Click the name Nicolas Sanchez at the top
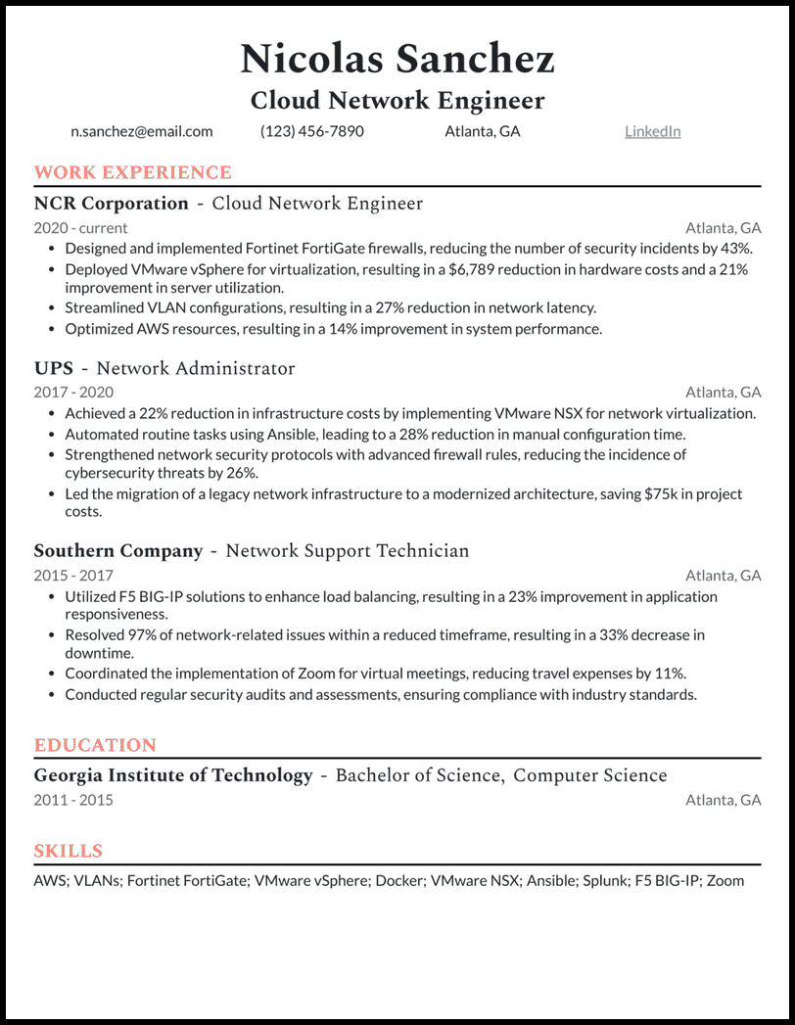pos(397,59)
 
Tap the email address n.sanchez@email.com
pos(141,131)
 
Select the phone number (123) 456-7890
pos(311,131)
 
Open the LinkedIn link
pos(652,131)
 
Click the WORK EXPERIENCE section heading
pos(133,173)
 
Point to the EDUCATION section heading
pos(95,745)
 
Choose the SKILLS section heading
pos(69,851)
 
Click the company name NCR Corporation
pos(111,204)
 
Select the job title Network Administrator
pos(196,369)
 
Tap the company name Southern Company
pos(118,551)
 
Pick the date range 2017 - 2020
pos(73,393)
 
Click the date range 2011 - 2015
pos(73,800)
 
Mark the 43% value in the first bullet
pos(735,249)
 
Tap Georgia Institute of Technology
pos(173,776)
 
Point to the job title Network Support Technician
pos(348,551)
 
